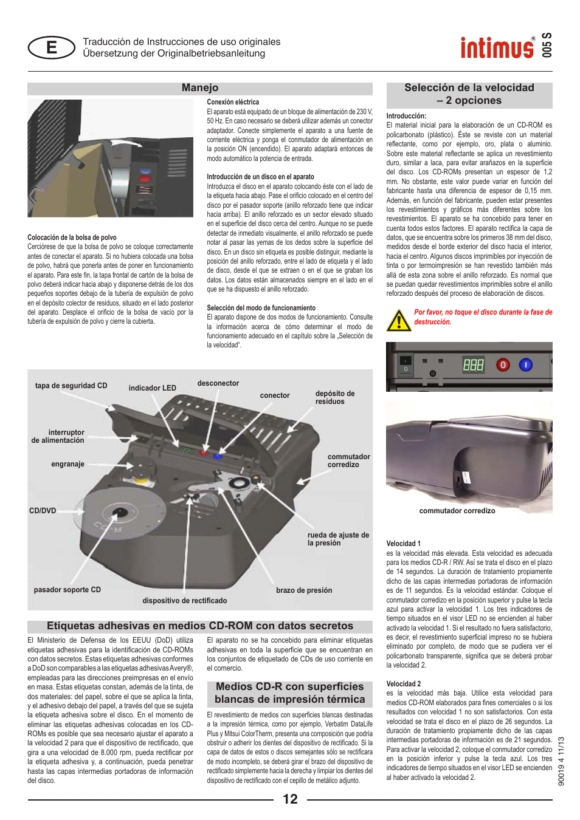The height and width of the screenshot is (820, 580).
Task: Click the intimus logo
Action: point(497,47)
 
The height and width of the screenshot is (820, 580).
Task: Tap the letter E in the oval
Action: point(52,47)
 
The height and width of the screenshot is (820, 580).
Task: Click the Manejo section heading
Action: point(199,88)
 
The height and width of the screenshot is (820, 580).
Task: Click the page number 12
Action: point(290,799)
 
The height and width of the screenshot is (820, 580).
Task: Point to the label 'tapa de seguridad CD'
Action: point(71,386)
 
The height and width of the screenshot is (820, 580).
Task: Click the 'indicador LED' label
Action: point(152,388)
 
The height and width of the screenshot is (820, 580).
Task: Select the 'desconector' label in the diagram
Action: point(218,383)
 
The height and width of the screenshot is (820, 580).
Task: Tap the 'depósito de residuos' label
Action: point(334,397)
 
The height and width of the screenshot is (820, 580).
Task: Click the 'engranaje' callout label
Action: point(67,464)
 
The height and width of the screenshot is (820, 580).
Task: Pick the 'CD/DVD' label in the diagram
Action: point(43,511)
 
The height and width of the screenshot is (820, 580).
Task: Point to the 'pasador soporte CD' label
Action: point(67,590)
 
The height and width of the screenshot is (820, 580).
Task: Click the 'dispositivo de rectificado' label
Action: point(184,601)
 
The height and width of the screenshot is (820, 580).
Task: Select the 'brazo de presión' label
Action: point(304,590)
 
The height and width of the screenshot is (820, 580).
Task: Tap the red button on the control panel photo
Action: point(503,364)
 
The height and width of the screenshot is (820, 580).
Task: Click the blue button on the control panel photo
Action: point(525,364)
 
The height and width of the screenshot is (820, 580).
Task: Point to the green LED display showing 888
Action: point(473,364)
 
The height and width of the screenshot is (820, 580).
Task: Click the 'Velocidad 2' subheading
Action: point(403,684)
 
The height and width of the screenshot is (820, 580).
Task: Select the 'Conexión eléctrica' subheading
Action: point(233,102)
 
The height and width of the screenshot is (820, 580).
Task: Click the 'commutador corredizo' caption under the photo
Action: point(457,511)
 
